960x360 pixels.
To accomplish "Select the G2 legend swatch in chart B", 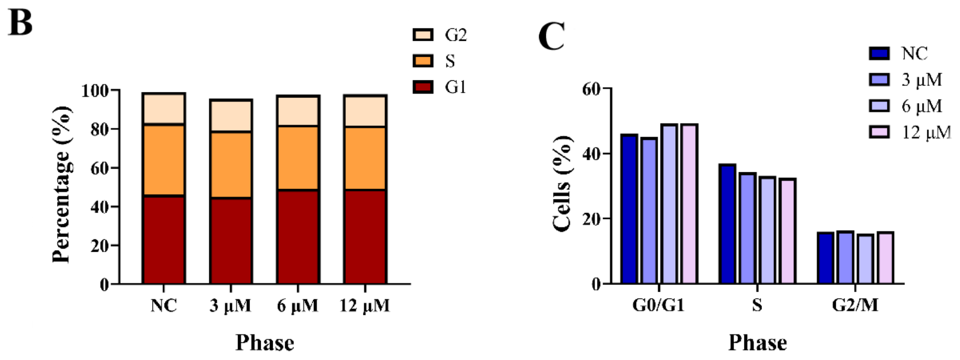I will (x=423, y=35).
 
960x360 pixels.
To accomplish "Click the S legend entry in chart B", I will (x=449, y=61).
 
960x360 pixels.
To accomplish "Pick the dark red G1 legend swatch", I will (x=423, y=87).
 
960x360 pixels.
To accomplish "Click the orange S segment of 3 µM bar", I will (x=231, y=165).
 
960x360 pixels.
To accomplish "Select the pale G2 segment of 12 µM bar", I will (x=365, y=111).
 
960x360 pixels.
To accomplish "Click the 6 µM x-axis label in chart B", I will (x=298, y=306).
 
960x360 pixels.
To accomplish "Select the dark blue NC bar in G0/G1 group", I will (x=629, y=209).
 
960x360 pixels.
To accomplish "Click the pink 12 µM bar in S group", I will (x=787, y=231).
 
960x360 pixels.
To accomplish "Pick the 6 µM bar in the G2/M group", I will (x=866, y=259).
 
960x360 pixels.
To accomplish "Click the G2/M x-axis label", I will (x=855, y=305).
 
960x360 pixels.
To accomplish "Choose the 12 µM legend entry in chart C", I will (x=926, y=132).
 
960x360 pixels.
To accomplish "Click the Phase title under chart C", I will (x=757, y=343).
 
